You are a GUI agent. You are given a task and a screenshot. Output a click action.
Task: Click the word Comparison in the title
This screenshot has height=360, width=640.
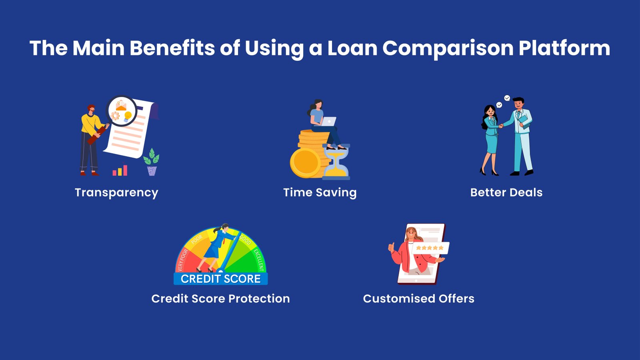tap(448, 48)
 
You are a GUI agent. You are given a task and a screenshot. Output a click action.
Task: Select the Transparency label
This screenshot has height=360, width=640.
tap(116, 193)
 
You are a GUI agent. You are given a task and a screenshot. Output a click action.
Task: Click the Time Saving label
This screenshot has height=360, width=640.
tap(320, 192)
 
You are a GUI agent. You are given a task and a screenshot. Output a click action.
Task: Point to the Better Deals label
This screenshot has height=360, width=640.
tap(506, 192)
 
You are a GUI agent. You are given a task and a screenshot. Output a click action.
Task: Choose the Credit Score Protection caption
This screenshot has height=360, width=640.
tap(220, 298)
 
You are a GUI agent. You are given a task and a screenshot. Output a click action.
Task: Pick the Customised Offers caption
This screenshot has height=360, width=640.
tap(418, 298)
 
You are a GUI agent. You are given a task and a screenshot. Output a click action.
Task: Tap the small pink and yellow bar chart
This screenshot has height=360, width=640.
tap(120, 170)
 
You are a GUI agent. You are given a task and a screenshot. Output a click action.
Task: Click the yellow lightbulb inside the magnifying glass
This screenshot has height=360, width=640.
tap(128, 116)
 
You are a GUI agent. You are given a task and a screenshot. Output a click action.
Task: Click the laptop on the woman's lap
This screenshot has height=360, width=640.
tap(329, 122)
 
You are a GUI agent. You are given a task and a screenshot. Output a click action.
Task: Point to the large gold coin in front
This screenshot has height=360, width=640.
tap(305, 162)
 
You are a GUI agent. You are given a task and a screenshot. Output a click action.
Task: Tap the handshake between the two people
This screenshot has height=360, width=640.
tap(501, 126)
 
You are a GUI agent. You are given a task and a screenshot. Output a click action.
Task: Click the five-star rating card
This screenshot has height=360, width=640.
tap(430, 248)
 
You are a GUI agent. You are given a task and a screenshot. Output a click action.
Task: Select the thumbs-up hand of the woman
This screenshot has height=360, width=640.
tap(391, 247)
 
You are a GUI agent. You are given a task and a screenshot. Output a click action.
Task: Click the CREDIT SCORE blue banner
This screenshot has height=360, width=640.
tap(220, 278)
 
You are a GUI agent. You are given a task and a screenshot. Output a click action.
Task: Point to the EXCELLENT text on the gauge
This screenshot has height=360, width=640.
tap(258, 260)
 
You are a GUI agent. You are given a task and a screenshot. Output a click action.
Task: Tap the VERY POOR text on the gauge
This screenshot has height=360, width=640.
tap(182, 260)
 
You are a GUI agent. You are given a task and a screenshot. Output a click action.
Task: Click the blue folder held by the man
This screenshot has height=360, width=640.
tap(525, 122)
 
